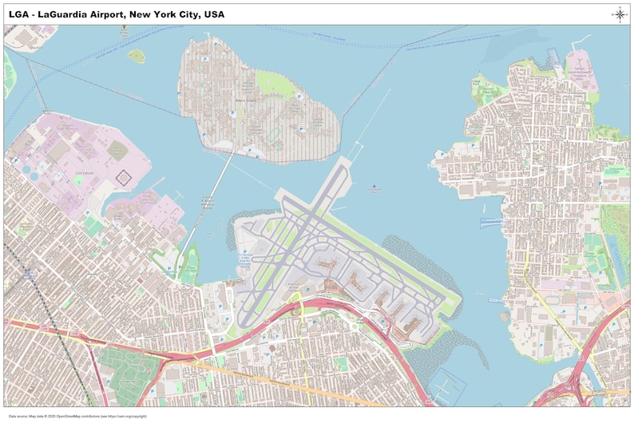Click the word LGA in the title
19,14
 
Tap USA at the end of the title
213,14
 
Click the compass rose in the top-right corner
620,14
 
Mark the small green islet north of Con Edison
137,56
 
